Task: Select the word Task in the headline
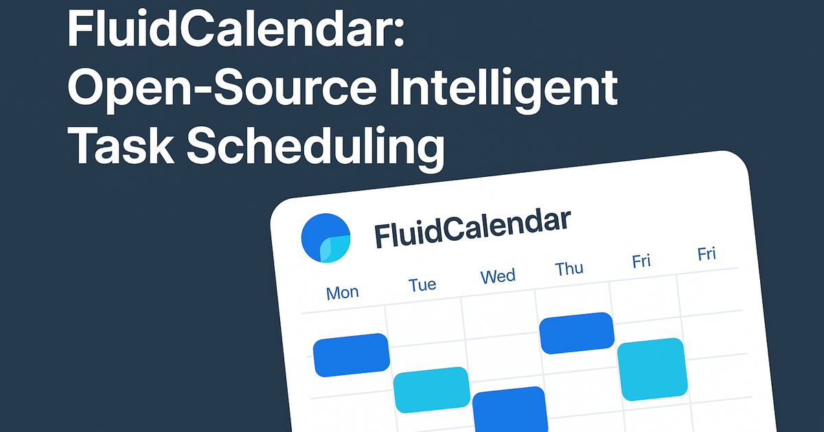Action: pos(120,145)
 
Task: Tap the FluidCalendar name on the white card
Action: pos(472,229)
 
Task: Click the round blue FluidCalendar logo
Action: pos(325,238)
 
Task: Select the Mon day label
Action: pos(342,293)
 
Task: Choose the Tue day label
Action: pos(422,285)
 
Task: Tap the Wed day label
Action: pos(498,276)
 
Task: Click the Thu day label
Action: pos(569,269)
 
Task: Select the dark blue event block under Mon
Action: pos(352,355)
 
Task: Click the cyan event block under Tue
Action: pos(431,389)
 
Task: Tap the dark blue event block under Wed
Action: pos(510,409)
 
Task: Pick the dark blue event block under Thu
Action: pos(576,333)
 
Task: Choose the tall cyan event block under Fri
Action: pos(652,369)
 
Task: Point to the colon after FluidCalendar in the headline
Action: pos(399,34)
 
